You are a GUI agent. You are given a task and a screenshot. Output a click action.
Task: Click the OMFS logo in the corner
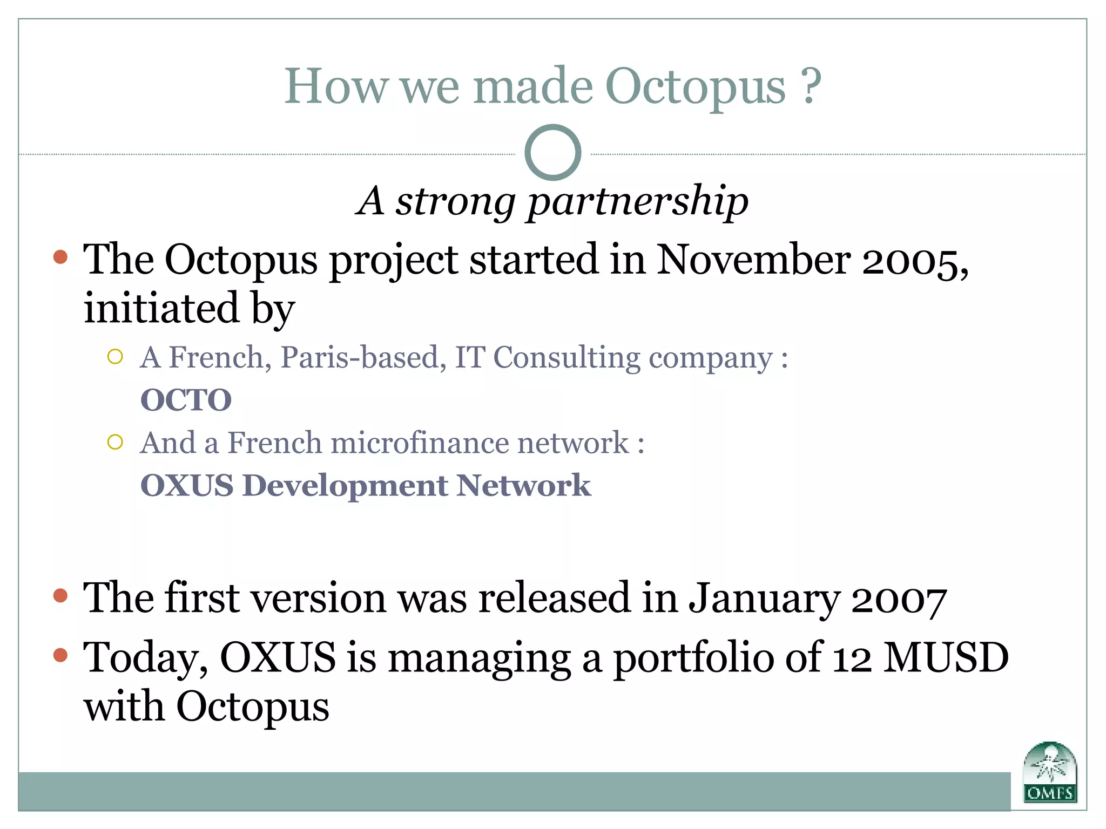tap(1050, 772)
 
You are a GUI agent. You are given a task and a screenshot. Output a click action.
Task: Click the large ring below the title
tap(552, 153)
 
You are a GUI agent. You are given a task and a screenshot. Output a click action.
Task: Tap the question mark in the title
tap(810, 86)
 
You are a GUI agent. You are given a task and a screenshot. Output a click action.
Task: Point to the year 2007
tap(899, 599)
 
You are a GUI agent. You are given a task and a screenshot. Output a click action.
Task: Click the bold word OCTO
tap(186, 400)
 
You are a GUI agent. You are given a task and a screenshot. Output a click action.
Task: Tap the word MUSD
tap(946, 658)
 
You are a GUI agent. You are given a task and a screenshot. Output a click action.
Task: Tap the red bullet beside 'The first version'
tap(60, 596)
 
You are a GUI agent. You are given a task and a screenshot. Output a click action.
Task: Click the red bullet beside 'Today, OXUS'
tap(60, 655)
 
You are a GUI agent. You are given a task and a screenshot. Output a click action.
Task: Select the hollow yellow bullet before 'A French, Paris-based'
tap(115, 357)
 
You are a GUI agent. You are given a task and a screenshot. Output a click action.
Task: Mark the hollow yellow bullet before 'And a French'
tap(115, 443)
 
